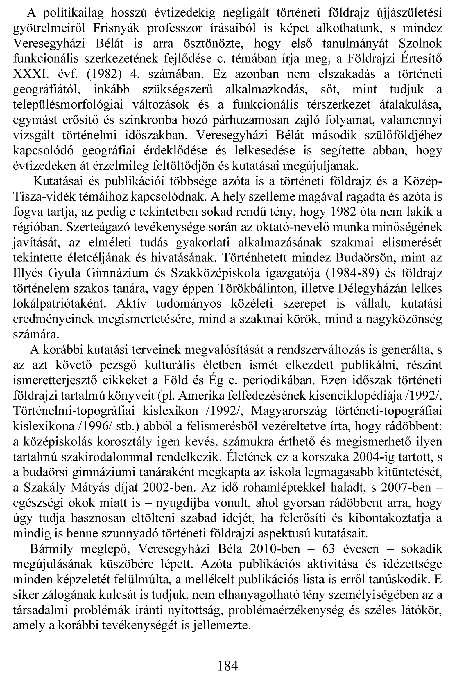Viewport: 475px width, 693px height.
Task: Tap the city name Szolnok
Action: (420, 44)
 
